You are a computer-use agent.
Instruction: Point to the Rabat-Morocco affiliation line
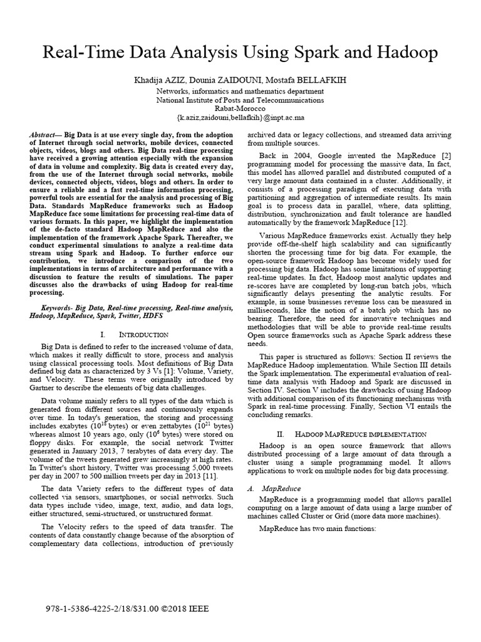coord(240,108)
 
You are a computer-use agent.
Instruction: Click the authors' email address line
coord(240,117)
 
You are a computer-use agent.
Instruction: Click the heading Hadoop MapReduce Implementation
coord(354,434)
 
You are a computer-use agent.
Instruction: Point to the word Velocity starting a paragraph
coord(68,527)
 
